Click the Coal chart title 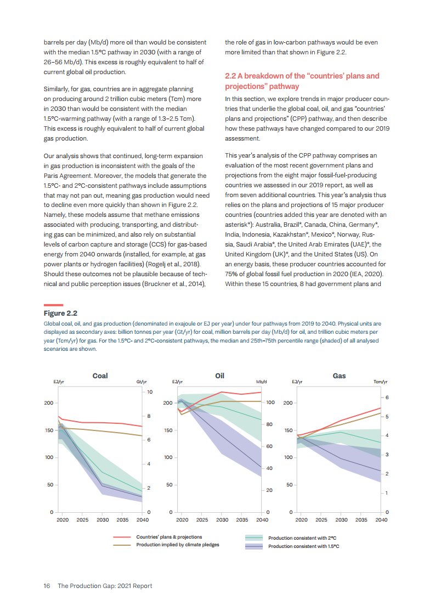click(x=100, y=376)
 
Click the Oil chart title click(x=219, y=376)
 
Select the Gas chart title click(x=339, y=376)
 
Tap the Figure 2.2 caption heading click(x=60, y=313)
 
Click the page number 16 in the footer click(x=47, y=586)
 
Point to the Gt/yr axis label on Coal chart click(x=141, y=382)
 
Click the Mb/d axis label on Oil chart click(x=261, y=382)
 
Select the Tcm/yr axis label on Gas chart click(x=380, y=382)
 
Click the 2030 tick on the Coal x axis click(x=103, y=519)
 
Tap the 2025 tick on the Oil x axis click(x=202, y=519)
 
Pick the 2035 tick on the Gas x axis click(x=361, y=519)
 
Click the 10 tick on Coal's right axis click(x=149, y=391)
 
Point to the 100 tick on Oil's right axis click(x=270, y=402)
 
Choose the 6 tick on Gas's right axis click(x=387, y=397)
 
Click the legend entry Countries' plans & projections click(x=169, y=537)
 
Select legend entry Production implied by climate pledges click(x=178, y=545)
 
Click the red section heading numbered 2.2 click(x=302, y=81)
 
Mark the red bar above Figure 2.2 click(x=53, y=305)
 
